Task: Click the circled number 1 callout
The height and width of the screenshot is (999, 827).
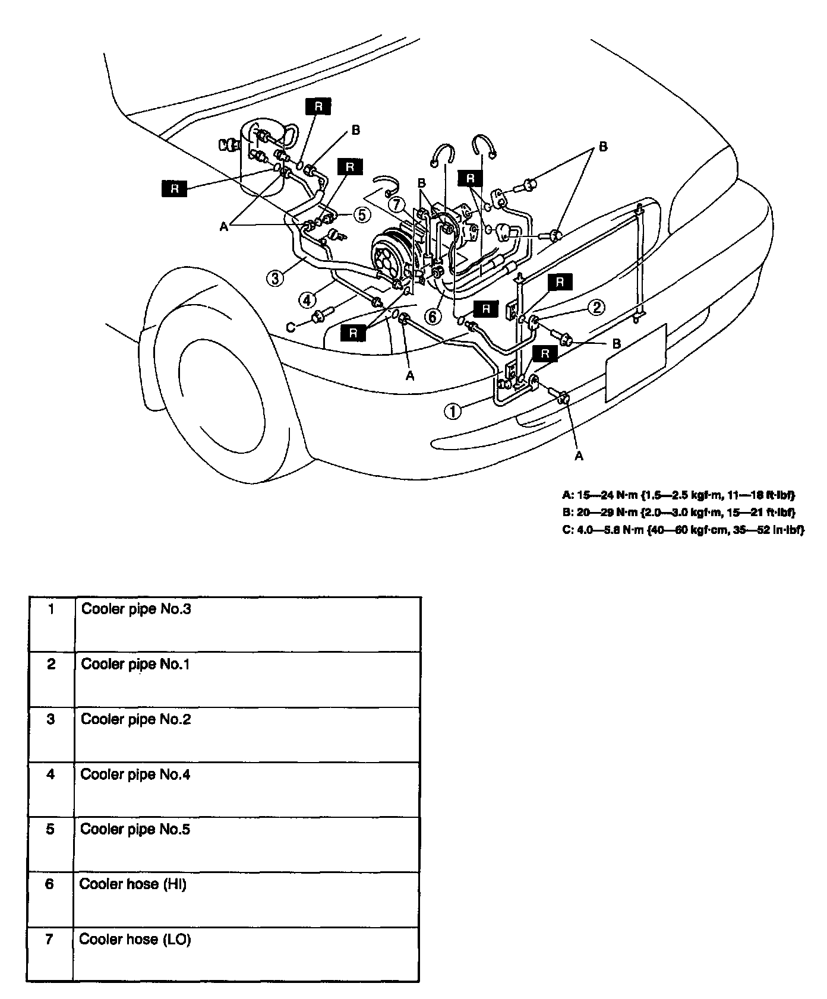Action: pos(453,411)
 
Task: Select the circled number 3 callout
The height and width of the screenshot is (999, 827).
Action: pos(274,278)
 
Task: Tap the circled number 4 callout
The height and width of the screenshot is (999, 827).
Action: pos(307,300)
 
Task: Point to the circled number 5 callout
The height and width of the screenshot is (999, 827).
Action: pos(362,214)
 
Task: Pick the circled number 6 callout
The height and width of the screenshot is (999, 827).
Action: pos(433,317)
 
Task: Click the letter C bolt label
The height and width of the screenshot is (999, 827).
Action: pos(291,327)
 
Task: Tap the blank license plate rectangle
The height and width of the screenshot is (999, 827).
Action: pos(635,363)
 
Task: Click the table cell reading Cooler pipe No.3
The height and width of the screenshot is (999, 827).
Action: pos(137,609)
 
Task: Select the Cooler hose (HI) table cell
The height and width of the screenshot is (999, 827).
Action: pos(133,884)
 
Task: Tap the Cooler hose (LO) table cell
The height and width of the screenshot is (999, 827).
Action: pos(135,939)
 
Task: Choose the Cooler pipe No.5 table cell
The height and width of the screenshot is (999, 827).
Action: pos(135,829)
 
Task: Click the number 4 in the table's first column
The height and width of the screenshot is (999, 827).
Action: pos(51,774)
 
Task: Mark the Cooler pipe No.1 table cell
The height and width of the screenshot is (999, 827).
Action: pos(135,664)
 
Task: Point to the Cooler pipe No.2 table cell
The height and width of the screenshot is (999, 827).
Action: pos(136,719)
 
